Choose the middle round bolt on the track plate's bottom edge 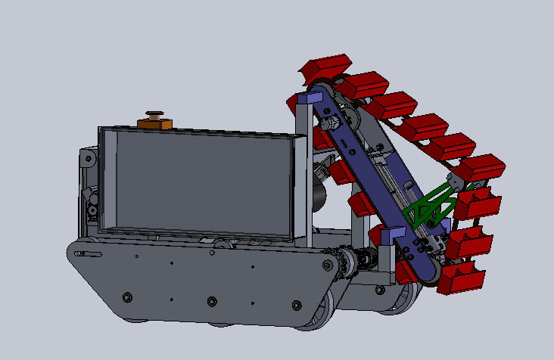pyautogui.click(x=210, y=304)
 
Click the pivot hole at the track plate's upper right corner pyautogui.click(x=328, y=265)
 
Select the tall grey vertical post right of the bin pyautogui.click(x=302, y=174)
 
